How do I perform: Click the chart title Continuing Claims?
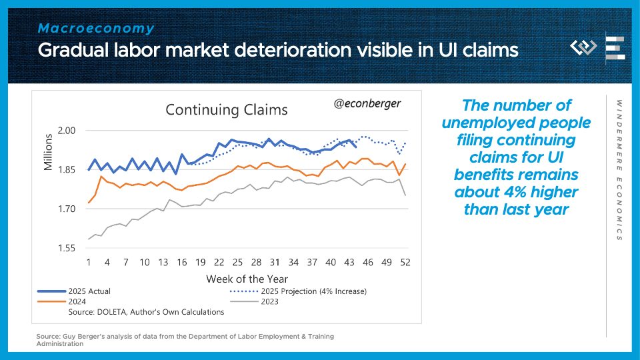pyautogui.click(x=226, y=109)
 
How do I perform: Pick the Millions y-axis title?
pyautogui.click(x=49, y=152)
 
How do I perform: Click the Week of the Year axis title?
pyautogui.click(x=247, y=278)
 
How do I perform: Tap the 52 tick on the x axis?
pyautogui.click(x=405, y=262)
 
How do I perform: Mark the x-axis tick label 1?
pyautogui.click(x=89, y=262)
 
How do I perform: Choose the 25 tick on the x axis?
pyautogui.click(x=237, y=262)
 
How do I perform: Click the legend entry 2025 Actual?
pyautogui.click(x=89, y=291)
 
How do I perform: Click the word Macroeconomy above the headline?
pyautogui.click(x=96, y=29)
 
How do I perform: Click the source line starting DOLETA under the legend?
pyautogui.click(x=146, y=312)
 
